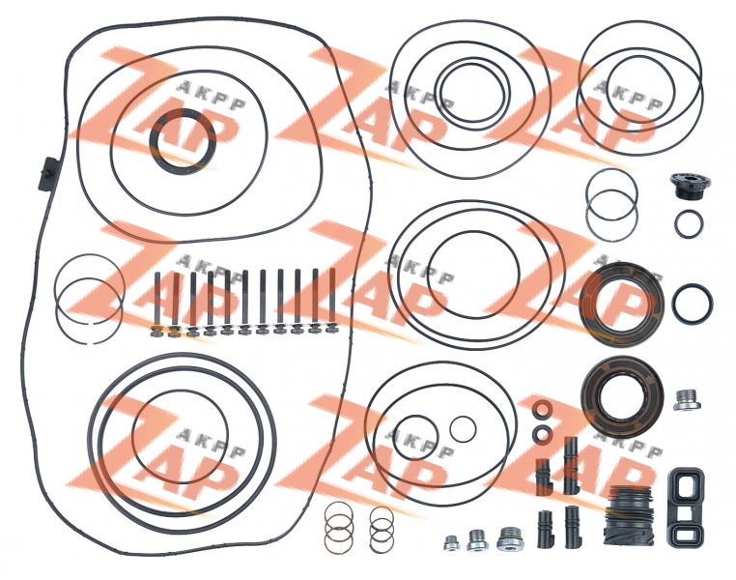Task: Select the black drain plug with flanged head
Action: coord(690,185)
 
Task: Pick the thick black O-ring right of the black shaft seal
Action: coord(674,304)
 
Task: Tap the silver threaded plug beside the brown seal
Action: coord(688,400)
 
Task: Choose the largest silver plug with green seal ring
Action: coord(510,538)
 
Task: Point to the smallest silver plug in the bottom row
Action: coord(452,543)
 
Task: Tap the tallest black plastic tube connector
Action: coord(571,465)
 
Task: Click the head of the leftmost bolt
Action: coord(156,332)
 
